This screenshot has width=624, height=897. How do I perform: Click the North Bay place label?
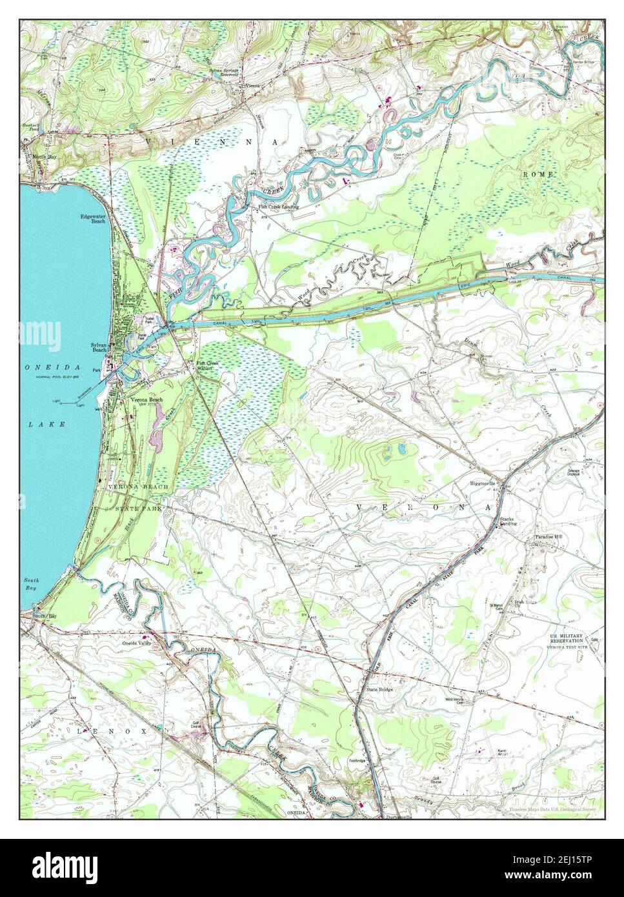point(35,157)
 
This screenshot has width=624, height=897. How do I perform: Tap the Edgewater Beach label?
point(93,219)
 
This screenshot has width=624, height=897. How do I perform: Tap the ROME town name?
point(534,174)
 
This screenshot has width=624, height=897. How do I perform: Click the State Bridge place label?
point(379,689)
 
